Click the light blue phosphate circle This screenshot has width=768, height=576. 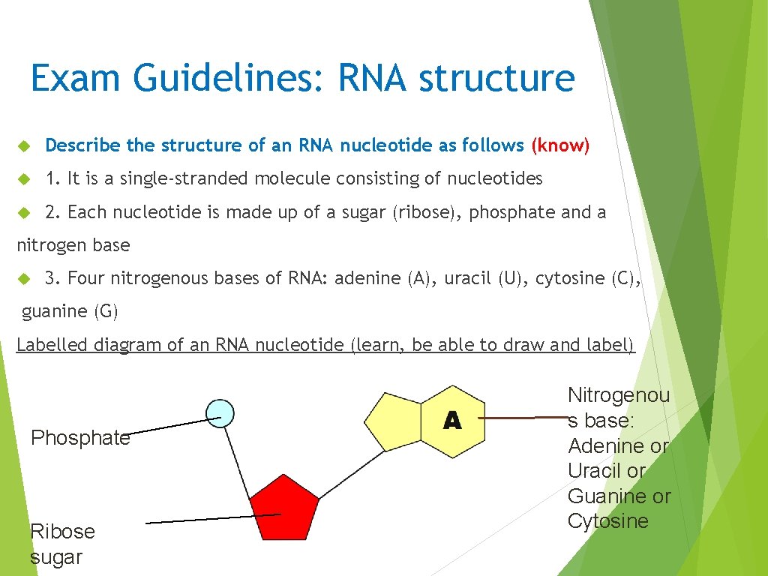pos(219,412)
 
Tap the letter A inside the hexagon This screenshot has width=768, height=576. pos(452,421)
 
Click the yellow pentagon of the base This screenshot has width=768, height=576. pos(394,423)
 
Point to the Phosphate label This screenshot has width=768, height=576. pos(80,438)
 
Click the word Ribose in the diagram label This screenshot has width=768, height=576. pos(62,532)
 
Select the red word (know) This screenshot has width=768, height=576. pos(560,145)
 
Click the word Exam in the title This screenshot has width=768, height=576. pos(70,79)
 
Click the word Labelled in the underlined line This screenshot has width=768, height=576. pos(49,345)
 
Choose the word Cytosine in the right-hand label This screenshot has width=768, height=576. pos(607,521)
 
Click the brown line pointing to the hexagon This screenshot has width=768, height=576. pos(525,417)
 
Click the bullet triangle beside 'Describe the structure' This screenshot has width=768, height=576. pos(23,145)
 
